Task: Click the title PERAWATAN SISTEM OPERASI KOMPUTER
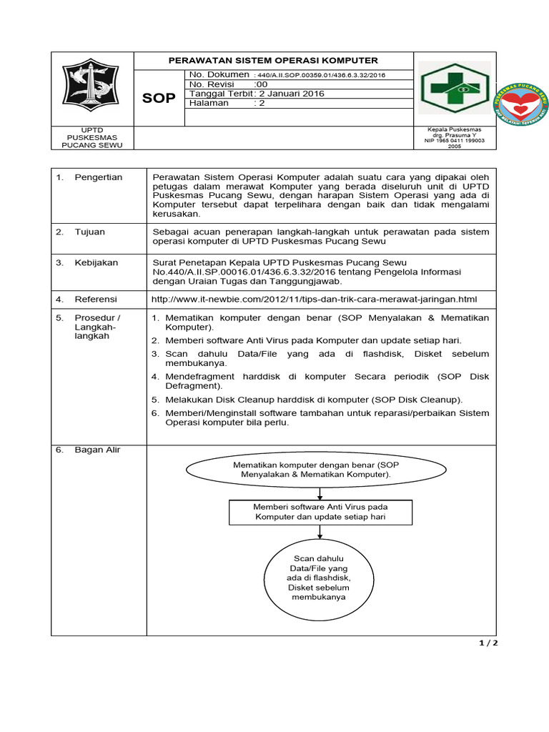tap(273, 61)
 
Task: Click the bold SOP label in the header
tap(159, 99)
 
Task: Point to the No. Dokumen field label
tap(219, 74)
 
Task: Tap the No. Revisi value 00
tap(262, 84)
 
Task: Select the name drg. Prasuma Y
tap(454, 135)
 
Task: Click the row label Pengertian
tap(99, 177)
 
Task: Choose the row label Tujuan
tap(90, 232)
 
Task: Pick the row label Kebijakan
tap(96, 262)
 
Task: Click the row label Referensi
tap(96, 299)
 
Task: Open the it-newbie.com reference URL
tap(315, 299)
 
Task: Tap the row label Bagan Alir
tap(98, 450)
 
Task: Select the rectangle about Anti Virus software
tap(320, 511)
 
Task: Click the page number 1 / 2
tap(488, 643)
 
